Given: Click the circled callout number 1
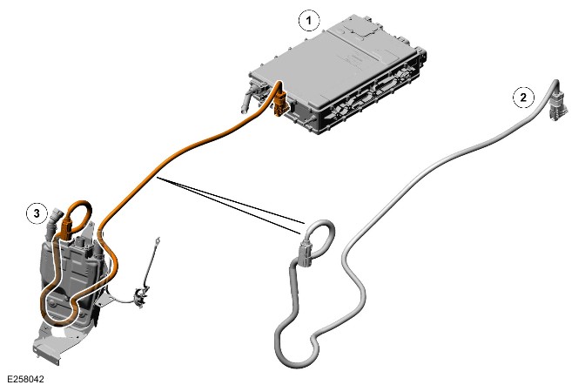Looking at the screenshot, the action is [309, 21].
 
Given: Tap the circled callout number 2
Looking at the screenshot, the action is [523, 98].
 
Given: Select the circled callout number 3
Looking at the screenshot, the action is [37, 213].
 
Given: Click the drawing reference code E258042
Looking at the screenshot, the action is [25, 379].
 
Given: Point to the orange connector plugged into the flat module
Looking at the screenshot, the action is [280, 103].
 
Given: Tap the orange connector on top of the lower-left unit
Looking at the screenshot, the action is [68, 227].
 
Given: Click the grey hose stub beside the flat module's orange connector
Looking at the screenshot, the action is [250, 98].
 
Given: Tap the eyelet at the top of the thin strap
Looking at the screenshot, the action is [158, 240].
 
